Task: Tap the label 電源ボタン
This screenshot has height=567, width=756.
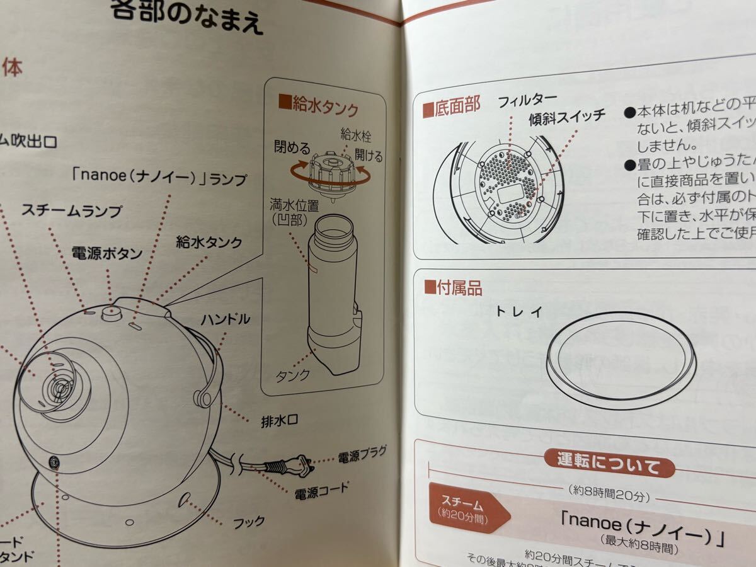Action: click(106, 253)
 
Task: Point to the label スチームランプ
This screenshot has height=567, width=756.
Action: click(72, 211)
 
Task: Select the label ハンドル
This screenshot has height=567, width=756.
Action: click(225, 319)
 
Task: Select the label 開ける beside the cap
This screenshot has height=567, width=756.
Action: click(369, 155)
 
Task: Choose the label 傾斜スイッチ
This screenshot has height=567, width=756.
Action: click(567, 115)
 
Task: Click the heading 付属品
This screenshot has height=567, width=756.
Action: click(453, 289)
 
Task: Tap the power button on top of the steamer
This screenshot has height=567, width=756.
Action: click(112, 312)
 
